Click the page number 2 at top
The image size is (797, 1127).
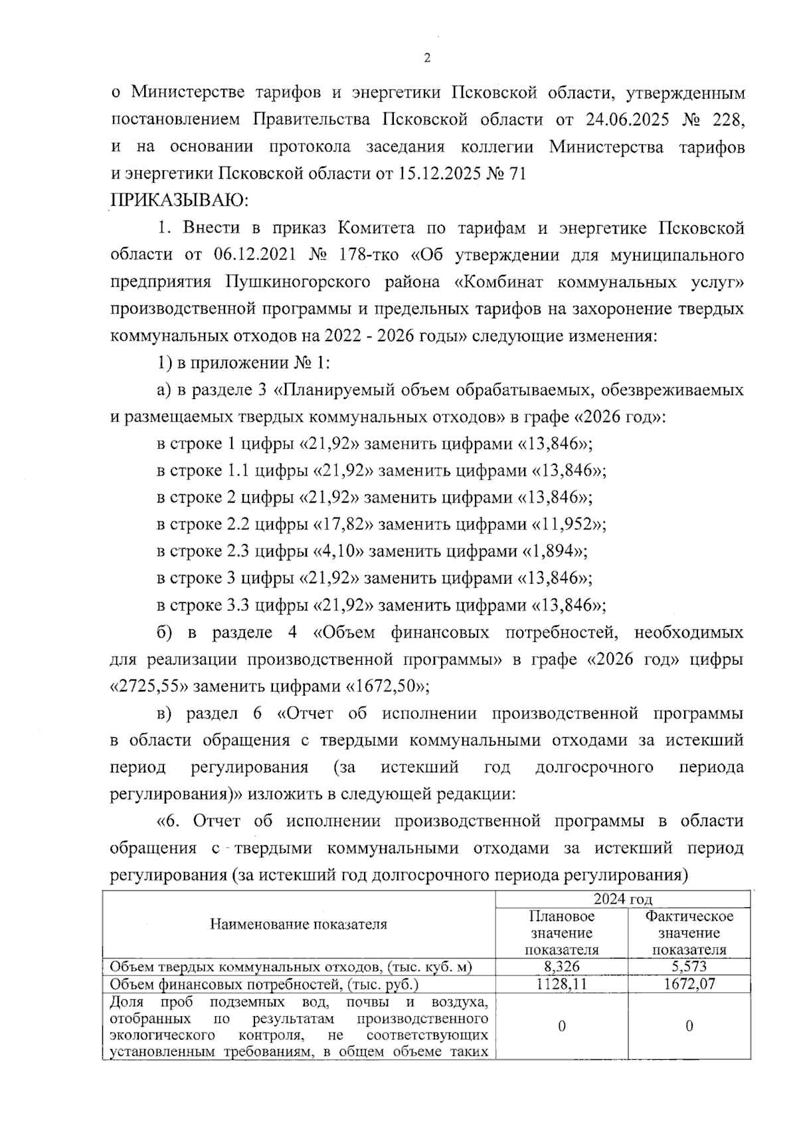(x=427, y=58)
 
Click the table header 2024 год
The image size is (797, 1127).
(x=622, y=899)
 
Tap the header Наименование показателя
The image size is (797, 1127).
(x=299, y=924)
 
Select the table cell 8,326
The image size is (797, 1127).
(x=561, y=967)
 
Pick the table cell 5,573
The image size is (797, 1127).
(x=689, y=967)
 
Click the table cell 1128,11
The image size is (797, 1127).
(x=561, y=984)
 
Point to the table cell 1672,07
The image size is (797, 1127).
(x=689, y=984)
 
